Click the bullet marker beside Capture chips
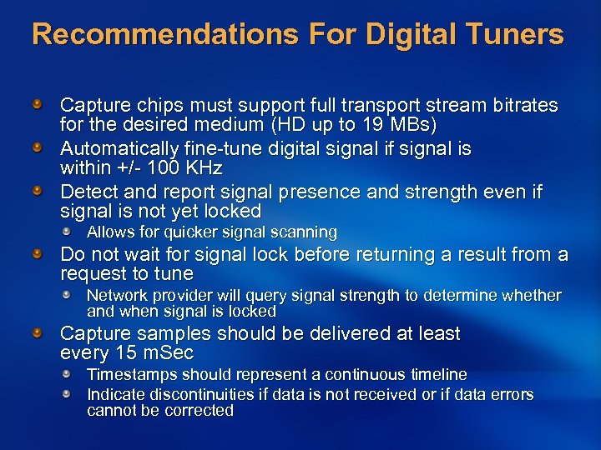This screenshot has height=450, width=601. pos(38,106)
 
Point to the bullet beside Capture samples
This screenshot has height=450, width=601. pos(38,333)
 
